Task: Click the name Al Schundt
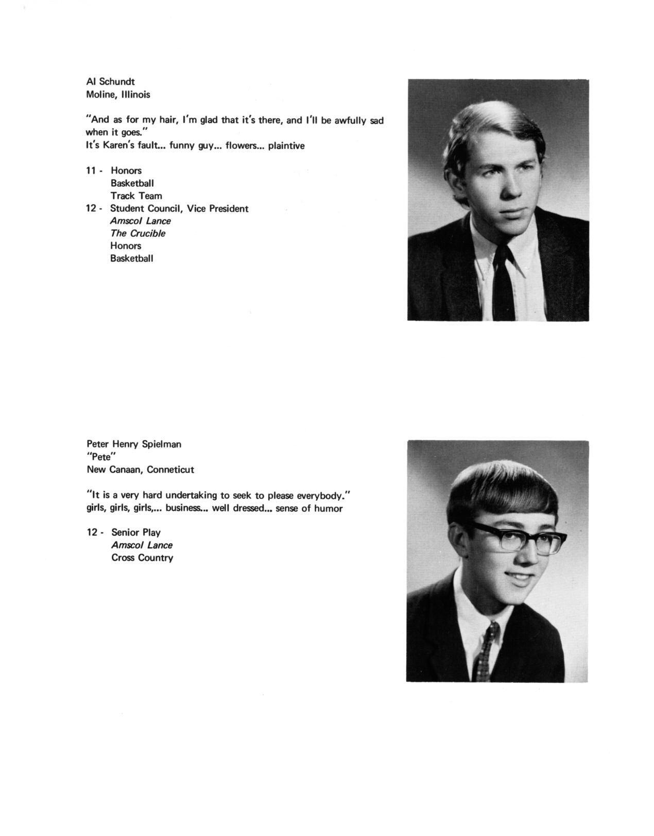[110, 81]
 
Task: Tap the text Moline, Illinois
[118, 95]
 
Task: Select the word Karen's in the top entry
[116, 146]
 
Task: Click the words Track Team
[136, 196]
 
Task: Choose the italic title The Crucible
[137, 233]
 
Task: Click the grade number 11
[91, 170]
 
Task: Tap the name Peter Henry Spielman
[133, 444]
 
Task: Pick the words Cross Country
[142, 558]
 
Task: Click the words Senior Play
[135, 532]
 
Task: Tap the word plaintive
[286, 146]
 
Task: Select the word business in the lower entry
[184, 509]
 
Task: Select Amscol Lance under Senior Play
[142, 545]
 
